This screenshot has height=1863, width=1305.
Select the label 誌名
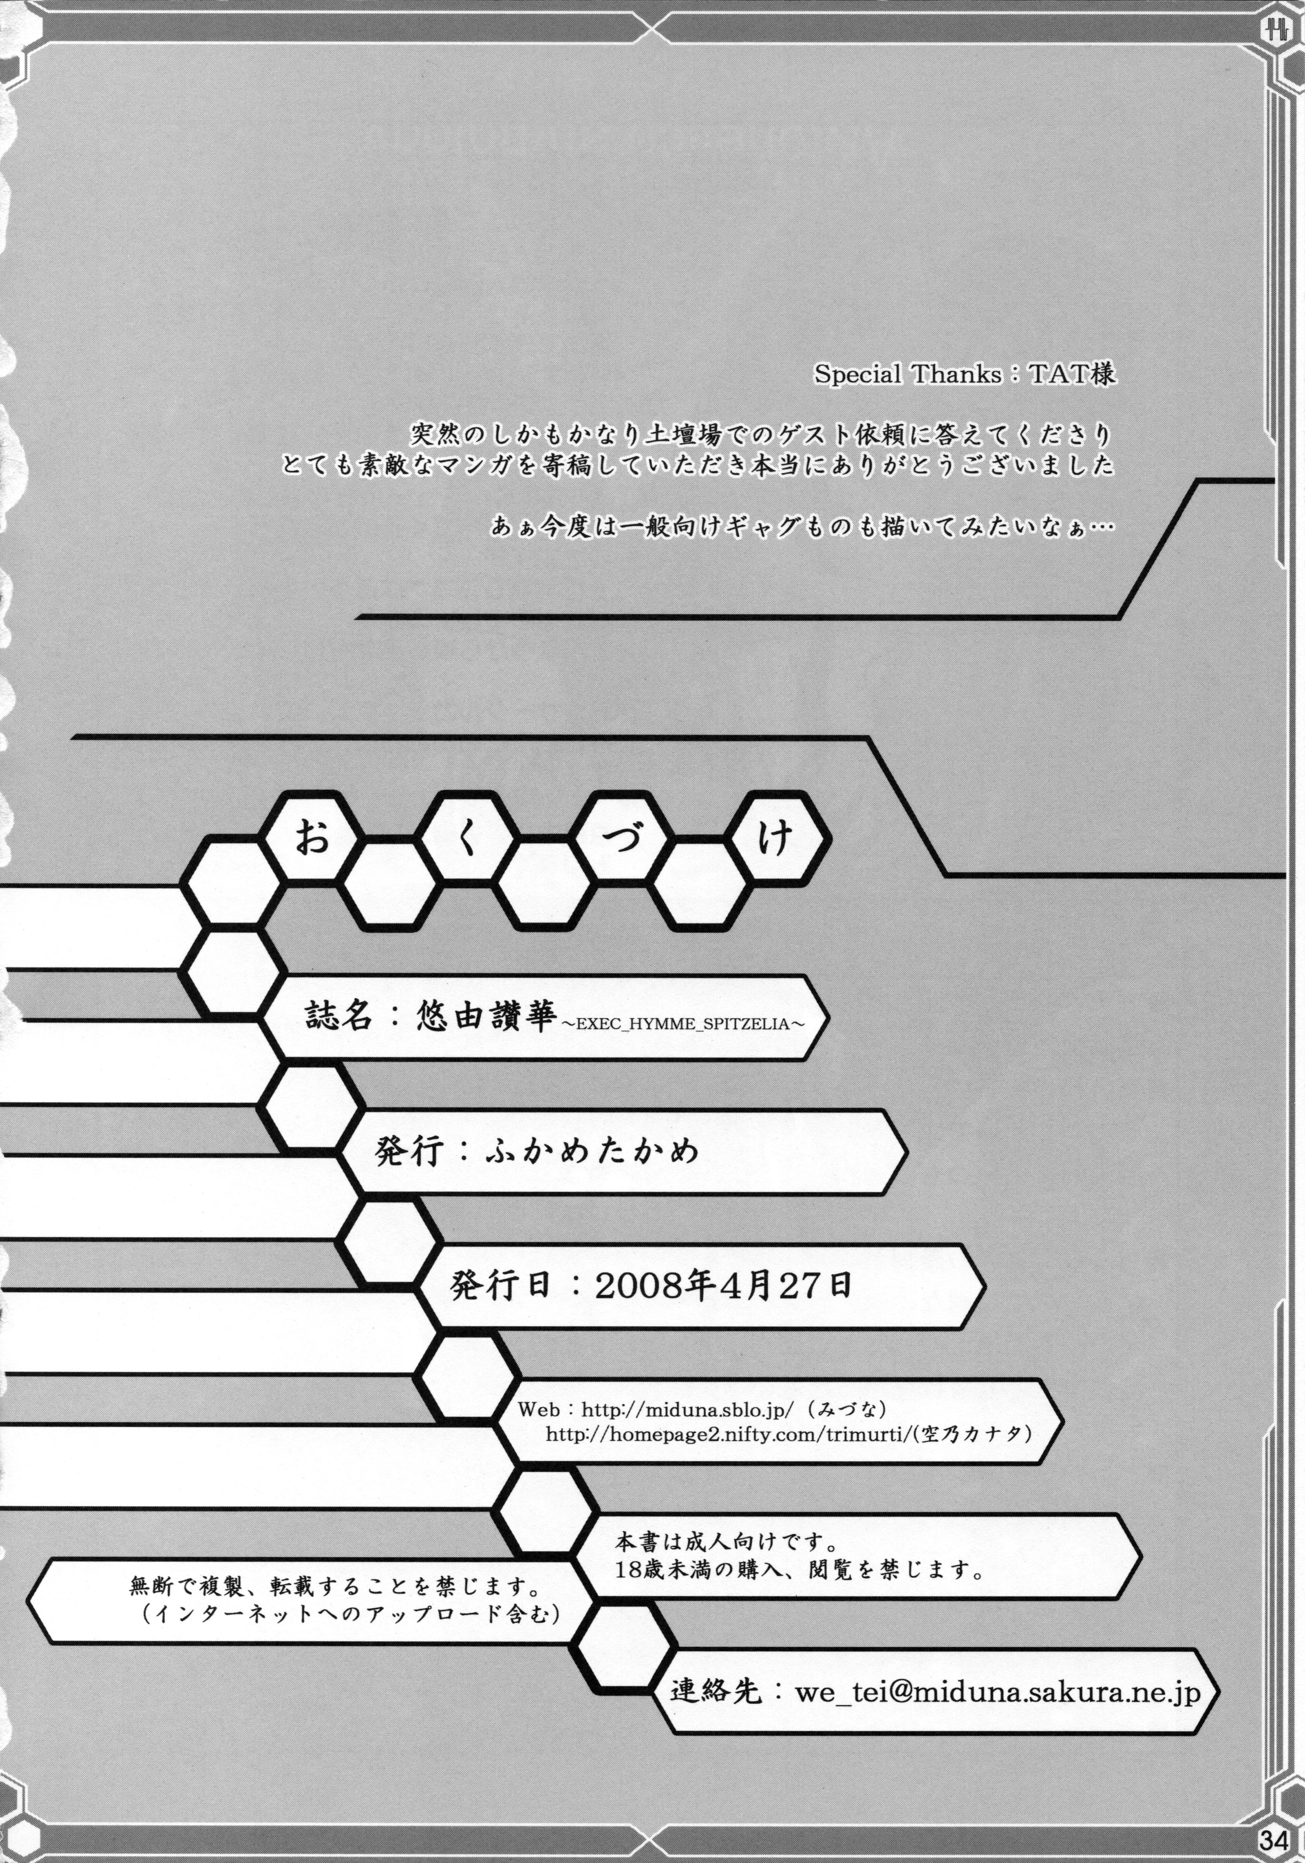pyautogui.click(x=339, y=1015)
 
